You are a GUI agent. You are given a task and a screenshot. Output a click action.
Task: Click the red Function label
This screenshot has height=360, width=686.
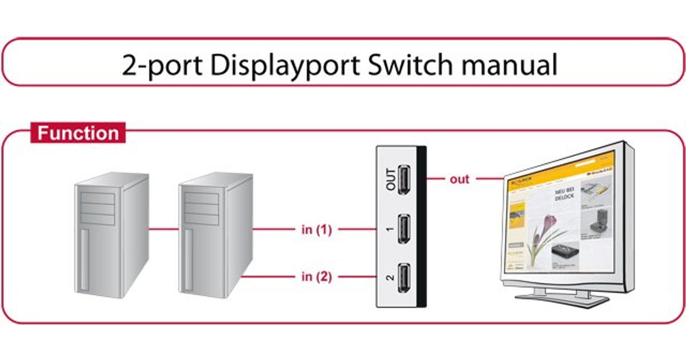click(78, 133)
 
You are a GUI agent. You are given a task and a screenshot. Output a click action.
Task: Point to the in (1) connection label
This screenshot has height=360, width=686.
click(316, 230)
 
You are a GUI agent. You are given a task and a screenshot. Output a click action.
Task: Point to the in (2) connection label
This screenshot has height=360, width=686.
click(316, 277)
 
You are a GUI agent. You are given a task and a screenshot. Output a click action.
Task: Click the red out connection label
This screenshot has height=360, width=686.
click(458, 179)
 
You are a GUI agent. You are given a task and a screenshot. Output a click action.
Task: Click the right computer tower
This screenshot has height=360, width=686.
click(215, 234)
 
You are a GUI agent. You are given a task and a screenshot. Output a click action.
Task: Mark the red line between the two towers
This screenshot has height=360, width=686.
click(163, 230)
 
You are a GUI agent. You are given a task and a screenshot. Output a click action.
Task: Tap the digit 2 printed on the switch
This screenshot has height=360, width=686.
click(390, 278)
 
